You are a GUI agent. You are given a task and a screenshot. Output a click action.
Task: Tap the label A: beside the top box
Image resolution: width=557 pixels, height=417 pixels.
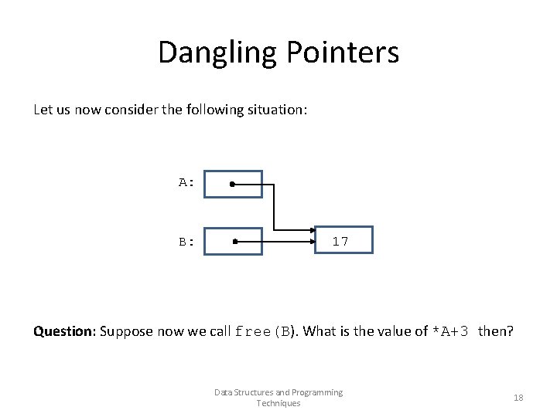(x=186, y=183)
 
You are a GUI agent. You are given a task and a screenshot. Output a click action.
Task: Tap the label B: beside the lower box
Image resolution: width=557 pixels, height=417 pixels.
(x=186, y=242)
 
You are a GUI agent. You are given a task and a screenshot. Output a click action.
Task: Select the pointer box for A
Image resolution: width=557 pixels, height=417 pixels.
(x=233, y=185)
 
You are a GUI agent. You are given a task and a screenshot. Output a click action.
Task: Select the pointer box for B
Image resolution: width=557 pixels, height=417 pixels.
(x=233, y=241)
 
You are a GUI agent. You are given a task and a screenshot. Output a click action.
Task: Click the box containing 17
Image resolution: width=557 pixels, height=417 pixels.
(x=343, y=240)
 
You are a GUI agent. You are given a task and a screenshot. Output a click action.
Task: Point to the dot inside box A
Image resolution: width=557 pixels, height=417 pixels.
(x=232, y=185)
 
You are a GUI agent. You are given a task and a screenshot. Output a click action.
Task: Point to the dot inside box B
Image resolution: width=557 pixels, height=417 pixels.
(x=234, y=241)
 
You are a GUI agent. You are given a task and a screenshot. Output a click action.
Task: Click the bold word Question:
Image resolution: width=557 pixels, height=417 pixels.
(x=64, y=331)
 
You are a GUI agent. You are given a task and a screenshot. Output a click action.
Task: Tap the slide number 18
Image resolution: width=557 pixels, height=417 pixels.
(x=518, y=398)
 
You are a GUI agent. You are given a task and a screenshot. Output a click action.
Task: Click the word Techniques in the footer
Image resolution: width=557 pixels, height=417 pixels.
(x=278, y=403)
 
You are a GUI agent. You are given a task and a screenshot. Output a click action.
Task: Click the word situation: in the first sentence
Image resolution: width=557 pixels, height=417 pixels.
(x=277, y=110)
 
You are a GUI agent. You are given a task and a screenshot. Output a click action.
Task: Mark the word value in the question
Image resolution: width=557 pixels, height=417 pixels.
(x=395, y=331)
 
